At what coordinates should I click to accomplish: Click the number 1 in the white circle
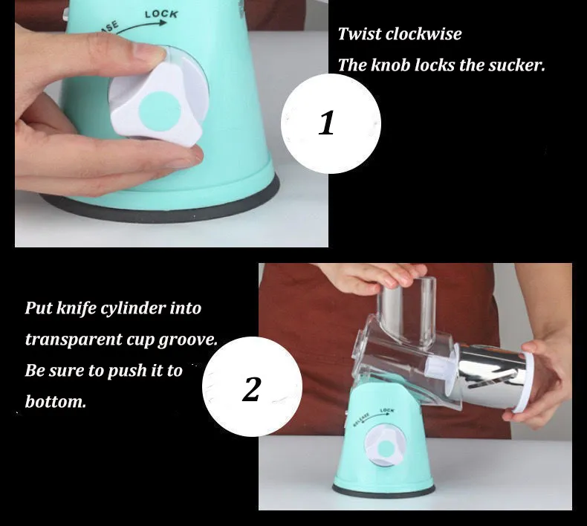tap(327, 123)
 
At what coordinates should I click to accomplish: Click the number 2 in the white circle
tap(252, 389)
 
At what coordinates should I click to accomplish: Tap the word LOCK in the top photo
tap(161, 14)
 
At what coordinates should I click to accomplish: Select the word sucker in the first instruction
tap(515, 65)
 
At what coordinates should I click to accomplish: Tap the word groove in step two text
tap(188, 340)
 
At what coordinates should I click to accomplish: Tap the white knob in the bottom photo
tap(386, 447)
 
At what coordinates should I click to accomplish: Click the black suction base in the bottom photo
tap(384, 491)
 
